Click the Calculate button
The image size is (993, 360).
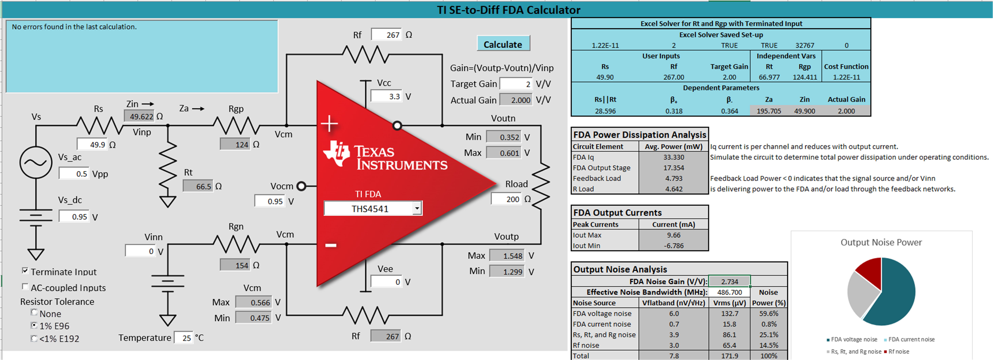click(503, 44)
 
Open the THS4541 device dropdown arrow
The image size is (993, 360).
click(417, 209)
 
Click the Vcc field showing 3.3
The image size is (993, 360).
click(386, 96)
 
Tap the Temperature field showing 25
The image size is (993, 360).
click(183, 338)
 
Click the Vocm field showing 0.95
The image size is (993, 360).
click(270, 201)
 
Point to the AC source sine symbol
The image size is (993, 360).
click(36, 162)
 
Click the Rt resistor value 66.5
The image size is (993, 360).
click(198, 186)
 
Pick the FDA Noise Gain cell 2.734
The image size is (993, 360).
click(730, 281)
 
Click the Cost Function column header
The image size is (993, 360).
click(846, 66)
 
